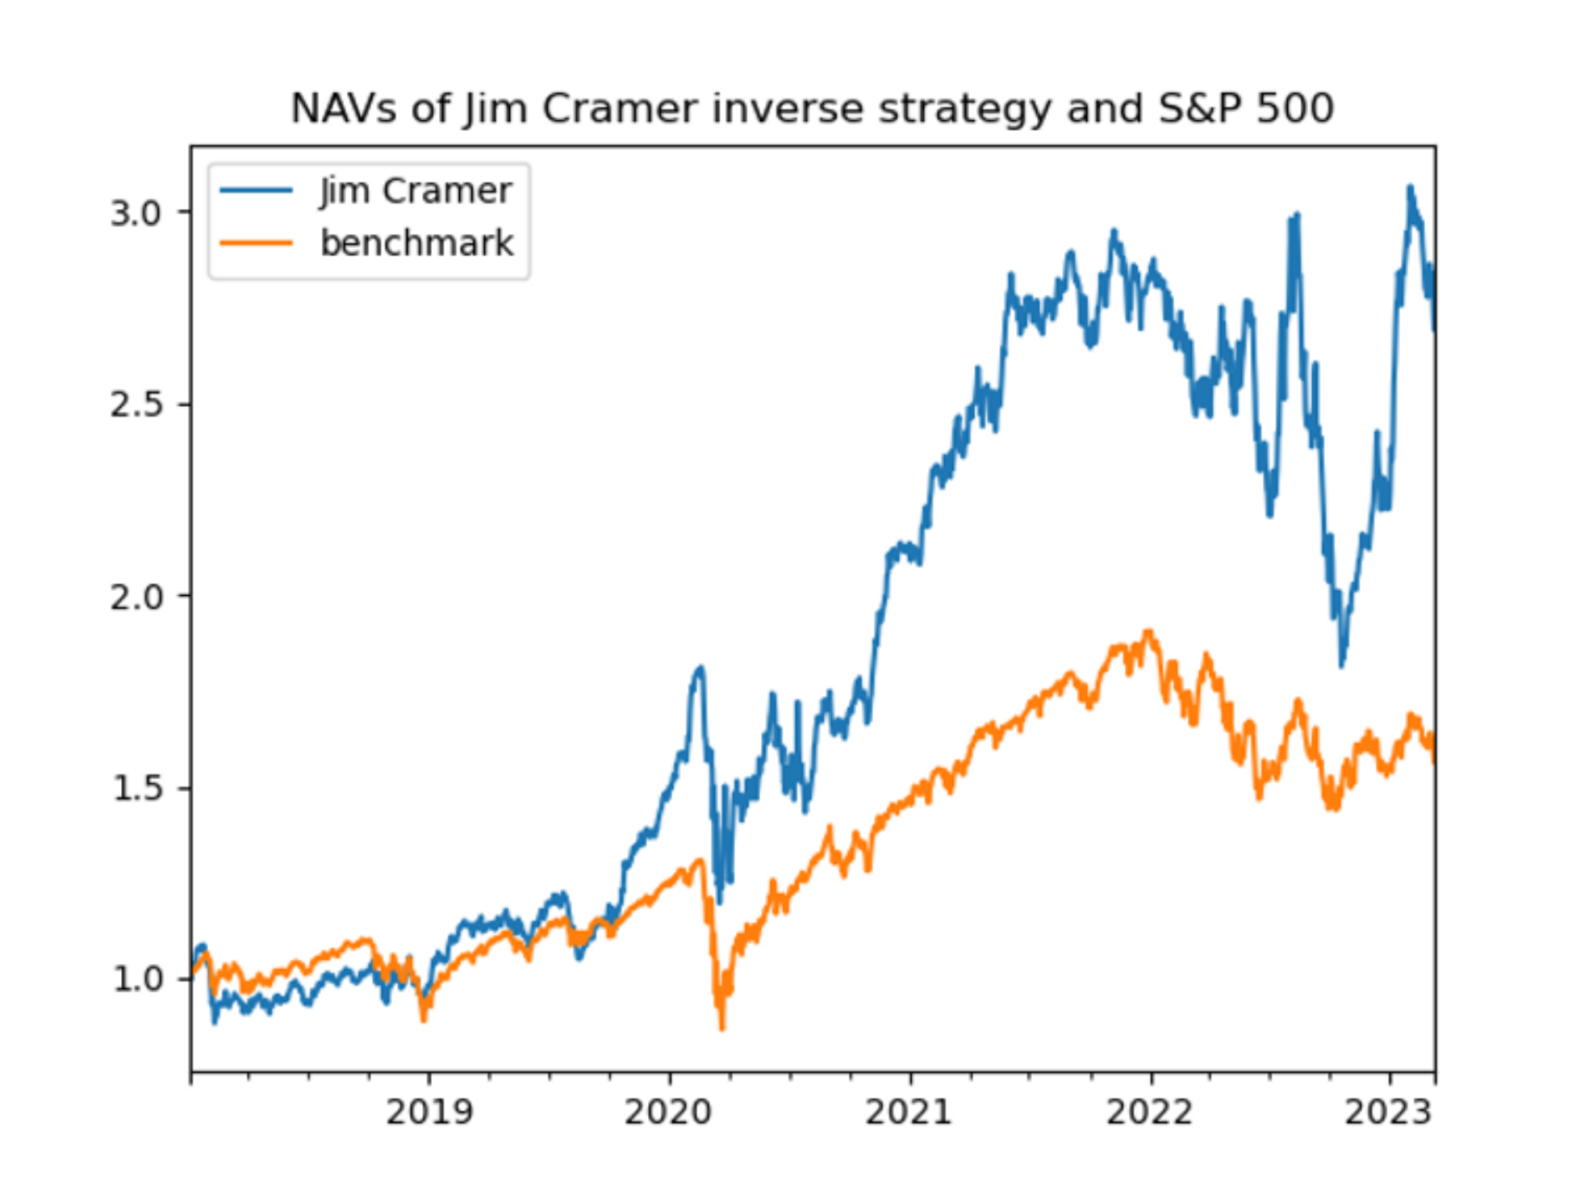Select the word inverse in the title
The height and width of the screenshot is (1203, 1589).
[x=786, y=108]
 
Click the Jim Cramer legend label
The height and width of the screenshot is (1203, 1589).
[x=415, y=191]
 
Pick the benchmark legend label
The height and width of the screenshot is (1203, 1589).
[x=416, y=243]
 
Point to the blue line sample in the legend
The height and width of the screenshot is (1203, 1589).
[x=256, y=191]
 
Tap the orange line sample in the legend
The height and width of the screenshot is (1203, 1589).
[x=256, y=242]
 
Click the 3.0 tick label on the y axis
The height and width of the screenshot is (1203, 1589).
[x=136, y=213]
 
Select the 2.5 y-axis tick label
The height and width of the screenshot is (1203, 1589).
[x=136, y=404]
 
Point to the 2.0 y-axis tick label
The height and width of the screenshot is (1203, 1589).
[x=136, y=597]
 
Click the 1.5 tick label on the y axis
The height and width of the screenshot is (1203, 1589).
[x=136, y=788]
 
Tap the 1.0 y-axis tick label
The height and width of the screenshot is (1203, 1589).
[x=136, y=979]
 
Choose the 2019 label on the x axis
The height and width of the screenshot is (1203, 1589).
[x=429, y=1113]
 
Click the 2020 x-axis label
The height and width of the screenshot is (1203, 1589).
[x=668, y=1113]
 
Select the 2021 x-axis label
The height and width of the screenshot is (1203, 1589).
[x=909, y=1113]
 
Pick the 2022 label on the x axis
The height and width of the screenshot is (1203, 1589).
[x=1149, y=1113]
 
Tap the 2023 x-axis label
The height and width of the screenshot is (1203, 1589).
[x=1388, y=1113]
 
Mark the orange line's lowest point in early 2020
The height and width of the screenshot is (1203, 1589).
[x=722, y=1028]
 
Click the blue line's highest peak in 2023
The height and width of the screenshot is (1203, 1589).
[x=1410, y=187]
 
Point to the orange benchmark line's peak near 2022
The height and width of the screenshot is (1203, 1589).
[x=1149, y=631]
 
